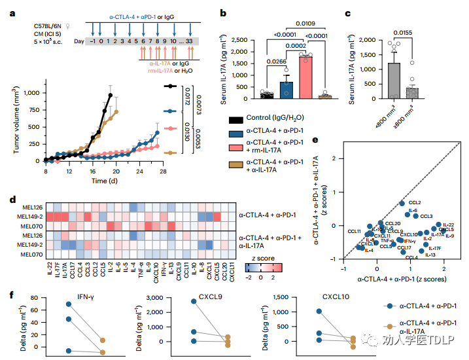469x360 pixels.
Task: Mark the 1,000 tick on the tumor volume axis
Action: pos(29,94)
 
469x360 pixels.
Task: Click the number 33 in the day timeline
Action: pos(189,41)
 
